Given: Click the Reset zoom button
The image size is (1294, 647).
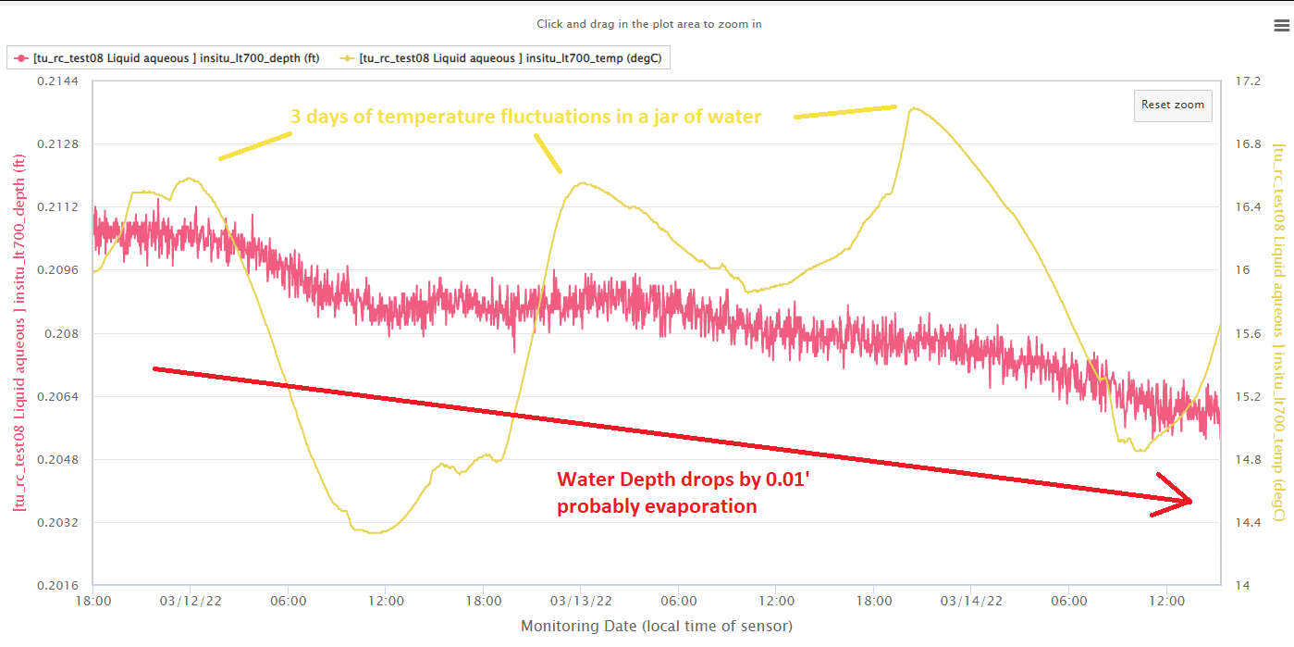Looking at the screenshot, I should pos(1172,106).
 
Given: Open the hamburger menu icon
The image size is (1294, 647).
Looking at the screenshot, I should pos(1281,25).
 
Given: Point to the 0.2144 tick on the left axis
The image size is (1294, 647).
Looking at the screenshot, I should pos(58,81).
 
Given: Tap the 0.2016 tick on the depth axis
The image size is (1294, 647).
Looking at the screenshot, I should pos(58,585).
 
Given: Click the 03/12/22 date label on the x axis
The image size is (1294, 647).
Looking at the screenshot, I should pos(191,601).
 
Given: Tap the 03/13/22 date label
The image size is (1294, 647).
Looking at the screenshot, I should pos(580,601).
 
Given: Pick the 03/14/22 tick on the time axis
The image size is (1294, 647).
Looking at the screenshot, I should pos(970,601).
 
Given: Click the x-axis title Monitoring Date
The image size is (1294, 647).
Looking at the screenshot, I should pos(657,627).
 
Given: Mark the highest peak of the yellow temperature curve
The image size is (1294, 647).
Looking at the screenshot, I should pos(914,108).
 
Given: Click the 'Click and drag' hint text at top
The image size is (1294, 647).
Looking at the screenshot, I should pos(649,24).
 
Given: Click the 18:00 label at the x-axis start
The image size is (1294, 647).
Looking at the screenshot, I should pos(93,601).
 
